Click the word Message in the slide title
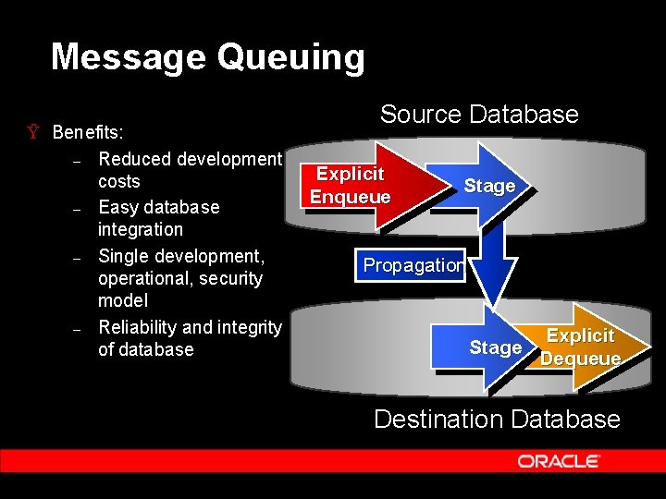click(x=128, y=57)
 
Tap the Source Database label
click(x=479, y=115)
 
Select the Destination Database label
click(x=497, y=419)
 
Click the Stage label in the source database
click(x=489, y=186)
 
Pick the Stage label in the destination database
click(x=496, y=347)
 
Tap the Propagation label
click(x=413, y=265)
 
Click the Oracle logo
click(x=559, y=461)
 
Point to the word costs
click(x=119, y=181)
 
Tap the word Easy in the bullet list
click(x=117, y=207)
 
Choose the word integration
click(x=141, y=229)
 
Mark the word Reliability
click(x=138, y=326)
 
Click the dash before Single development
click(x=79, y=257)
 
